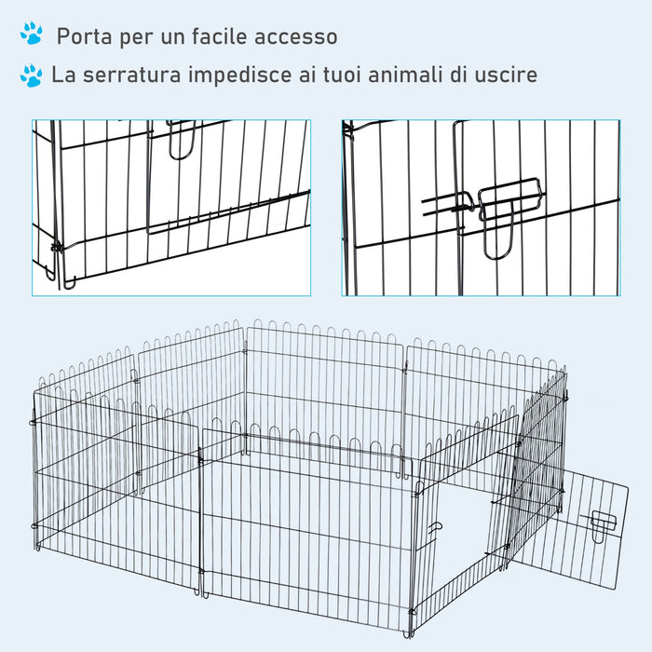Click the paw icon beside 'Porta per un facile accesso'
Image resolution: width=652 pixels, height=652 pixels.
(x=33, y=35)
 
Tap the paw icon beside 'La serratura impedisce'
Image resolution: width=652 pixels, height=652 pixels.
(x=33, y=75)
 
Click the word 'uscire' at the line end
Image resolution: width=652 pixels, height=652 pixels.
(x=504, y=75)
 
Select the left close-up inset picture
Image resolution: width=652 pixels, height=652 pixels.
(x=171, y=207)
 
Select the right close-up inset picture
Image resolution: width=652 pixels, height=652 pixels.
(x=480, y=207)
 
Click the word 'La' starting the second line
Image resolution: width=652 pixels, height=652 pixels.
(x=63, y=75)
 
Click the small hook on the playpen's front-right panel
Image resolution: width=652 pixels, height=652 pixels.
(x=435, y=530)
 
